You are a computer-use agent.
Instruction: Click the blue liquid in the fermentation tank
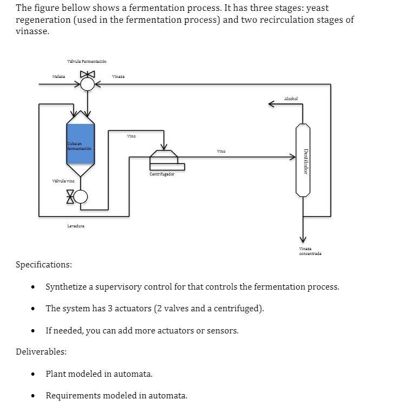pos(81,143)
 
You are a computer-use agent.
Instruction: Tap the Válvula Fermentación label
pos(87,62)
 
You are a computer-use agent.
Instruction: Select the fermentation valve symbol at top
pos(87,83)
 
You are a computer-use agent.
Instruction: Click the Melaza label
pos(58,77)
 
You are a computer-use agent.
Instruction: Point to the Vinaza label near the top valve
pos(118,77)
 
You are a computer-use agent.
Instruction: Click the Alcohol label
pos(291,99)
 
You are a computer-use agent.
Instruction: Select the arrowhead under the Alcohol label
pos(272,104)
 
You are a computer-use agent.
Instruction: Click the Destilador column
pos(303,160)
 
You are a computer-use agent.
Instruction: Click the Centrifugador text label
pos(162,174)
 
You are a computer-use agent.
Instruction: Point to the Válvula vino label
pos(63,181)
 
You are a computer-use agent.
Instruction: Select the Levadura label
pos(75,226)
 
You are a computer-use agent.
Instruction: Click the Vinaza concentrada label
pos(310,251)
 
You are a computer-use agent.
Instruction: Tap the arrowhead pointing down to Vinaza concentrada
pos(303,240)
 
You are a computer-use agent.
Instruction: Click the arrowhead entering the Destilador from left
pos(292,157)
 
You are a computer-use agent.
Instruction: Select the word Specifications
pos(43,265)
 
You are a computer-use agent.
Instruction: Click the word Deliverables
pos(41,352)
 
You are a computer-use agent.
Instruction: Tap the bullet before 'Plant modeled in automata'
pos(34,374)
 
